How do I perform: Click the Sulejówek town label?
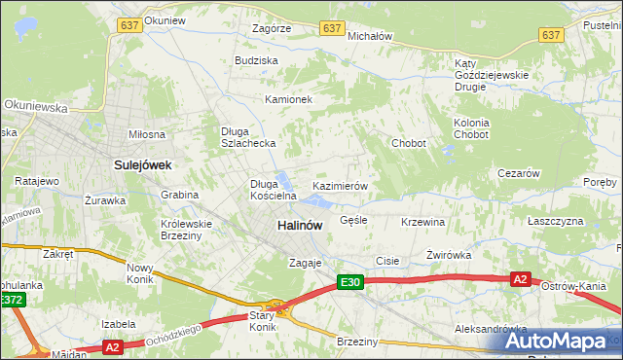142,165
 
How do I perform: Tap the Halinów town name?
299,225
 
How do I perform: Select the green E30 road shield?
351,282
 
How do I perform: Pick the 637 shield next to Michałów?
334,29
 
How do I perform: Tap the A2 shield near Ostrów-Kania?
521,279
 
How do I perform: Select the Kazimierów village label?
339,185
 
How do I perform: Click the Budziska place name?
256,60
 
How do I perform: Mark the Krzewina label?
422,222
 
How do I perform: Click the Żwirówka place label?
449,255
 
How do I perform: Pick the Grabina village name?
180,195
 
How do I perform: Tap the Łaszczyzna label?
555,221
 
